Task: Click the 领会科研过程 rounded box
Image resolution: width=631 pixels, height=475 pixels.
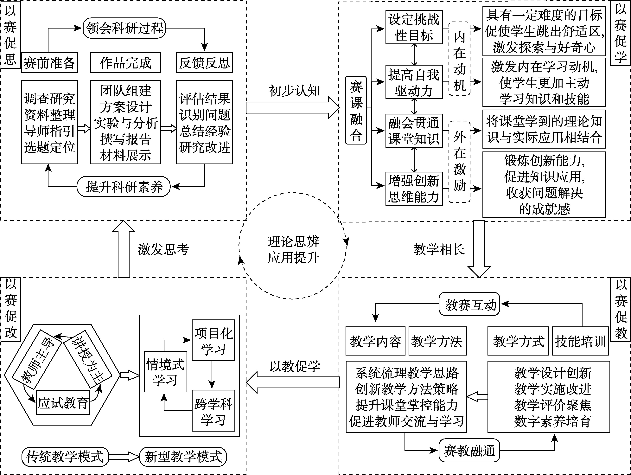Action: (124, 28)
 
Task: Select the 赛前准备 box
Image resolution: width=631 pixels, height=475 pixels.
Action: (50, 63)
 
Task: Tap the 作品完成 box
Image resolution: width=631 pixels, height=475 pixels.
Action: (125, 63)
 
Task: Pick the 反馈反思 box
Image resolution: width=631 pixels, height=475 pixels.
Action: (204, 63)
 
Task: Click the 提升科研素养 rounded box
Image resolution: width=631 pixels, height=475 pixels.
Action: (124, 187)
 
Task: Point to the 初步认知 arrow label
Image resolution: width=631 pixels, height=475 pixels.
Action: (294, 91)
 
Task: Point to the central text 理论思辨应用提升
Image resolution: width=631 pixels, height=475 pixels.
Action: (293, 250)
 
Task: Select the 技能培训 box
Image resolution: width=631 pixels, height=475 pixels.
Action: (580, 341)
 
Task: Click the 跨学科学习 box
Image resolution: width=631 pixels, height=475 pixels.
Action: (213, 411)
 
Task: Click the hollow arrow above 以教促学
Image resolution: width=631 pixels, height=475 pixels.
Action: (292, 382)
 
